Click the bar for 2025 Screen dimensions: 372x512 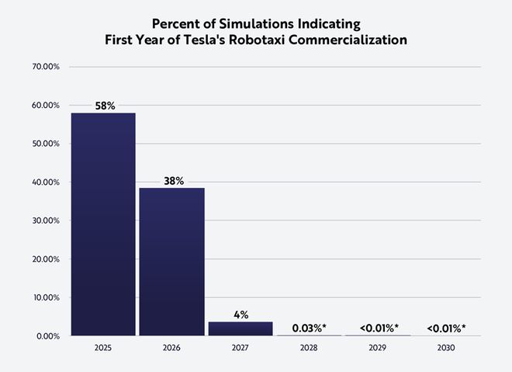pos(103,224)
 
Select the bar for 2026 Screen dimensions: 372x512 pos(171,262)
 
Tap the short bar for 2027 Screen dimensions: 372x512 pos(240,329)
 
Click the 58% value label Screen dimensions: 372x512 pos(104,106)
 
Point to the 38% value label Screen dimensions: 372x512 pos(172,180)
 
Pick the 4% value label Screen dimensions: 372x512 pos(240,315)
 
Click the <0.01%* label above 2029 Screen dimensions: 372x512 pos(379,329)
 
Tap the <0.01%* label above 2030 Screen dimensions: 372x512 pos(447,329)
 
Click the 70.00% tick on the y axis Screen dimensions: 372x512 pos(46,67)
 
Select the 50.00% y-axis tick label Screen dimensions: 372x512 pos(46,144)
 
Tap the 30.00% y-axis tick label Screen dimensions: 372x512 pos(46,221)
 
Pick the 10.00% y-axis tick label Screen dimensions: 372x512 pos(46,297)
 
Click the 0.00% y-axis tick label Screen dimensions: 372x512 pos(48,336)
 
